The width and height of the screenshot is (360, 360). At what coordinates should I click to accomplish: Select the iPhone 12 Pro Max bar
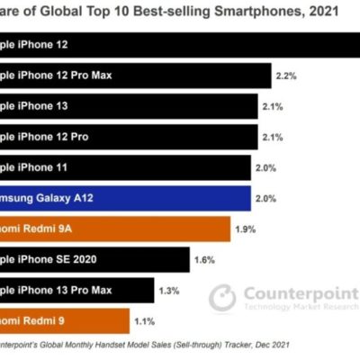(x=135, y=74)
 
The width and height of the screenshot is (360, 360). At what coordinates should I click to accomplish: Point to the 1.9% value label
(x=246, y=230)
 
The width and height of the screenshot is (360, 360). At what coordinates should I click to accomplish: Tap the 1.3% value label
(x=167, y=291)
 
